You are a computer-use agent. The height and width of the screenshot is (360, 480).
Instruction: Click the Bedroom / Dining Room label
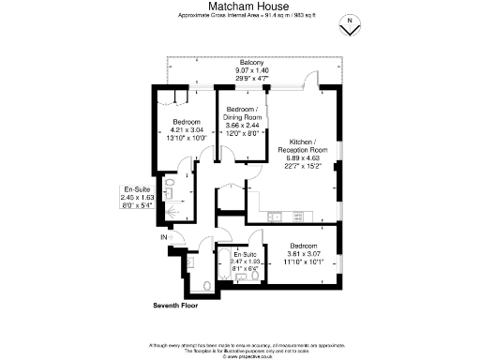click(242, 113)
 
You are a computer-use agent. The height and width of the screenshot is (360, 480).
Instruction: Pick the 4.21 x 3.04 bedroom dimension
click(193, 131)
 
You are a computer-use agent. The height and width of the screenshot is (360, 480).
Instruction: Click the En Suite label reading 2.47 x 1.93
click(247, 262)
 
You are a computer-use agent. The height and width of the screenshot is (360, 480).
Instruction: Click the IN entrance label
click(163, 238)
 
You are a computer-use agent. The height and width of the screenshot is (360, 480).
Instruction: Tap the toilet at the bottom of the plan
click(206, 286)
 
